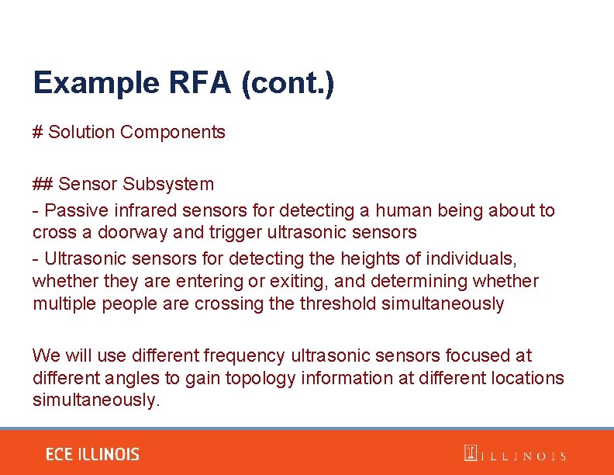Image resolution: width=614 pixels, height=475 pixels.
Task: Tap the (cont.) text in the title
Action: pyautogui.click(x=288, y=82)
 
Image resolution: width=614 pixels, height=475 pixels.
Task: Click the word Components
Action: pyautogui.click(x=173, y=132)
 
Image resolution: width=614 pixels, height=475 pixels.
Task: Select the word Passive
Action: pyautogui.click(x=77, y=210)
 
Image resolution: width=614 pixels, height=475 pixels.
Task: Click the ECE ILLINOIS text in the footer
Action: pyautogui.click(x=92, y=454)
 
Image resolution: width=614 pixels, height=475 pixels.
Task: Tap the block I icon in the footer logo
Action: pyautogui.click(x=470, y=453)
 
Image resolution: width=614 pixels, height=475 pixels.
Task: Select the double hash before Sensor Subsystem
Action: pyautogui.click(x=42, y=184)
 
